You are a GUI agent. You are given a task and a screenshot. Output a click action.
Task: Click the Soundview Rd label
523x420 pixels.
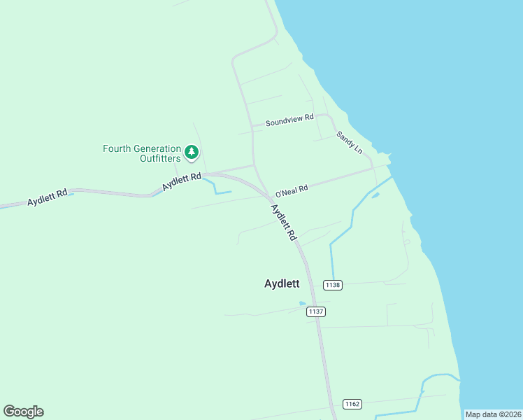point(289,120)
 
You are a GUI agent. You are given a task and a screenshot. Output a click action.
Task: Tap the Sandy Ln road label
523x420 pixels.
point(350,143)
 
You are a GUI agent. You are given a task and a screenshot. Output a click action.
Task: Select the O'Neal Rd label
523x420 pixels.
point(292,190)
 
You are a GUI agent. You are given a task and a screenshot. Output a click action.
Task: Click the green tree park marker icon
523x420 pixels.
point(192,152)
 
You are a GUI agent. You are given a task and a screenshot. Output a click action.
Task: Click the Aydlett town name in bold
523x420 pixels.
point(282,283)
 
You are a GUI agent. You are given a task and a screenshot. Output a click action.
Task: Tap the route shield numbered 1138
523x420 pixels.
point(333,284)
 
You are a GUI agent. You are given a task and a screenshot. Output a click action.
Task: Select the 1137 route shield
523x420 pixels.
point(316,311)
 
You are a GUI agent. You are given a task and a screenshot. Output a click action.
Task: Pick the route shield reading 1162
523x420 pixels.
point(352,404)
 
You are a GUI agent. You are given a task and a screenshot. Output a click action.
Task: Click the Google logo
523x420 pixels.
point(23,412)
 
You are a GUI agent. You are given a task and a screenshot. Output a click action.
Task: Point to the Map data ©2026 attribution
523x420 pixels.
point(493,414)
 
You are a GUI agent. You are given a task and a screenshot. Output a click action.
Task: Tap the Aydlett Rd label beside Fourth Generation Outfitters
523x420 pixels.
point(182,182)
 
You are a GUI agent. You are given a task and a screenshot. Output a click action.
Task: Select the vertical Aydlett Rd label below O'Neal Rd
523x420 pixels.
point(284,223)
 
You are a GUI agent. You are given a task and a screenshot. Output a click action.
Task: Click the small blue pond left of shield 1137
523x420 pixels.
point(302,304)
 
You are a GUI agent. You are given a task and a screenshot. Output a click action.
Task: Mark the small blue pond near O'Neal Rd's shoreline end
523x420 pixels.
point(375,195)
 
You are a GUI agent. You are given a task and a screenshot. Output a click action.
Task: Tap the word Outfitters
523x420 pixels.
point(158,158)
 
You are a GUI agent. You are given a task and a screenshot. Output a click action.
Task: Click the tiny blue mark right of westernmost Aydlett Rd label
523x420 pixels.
point(71,194)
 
